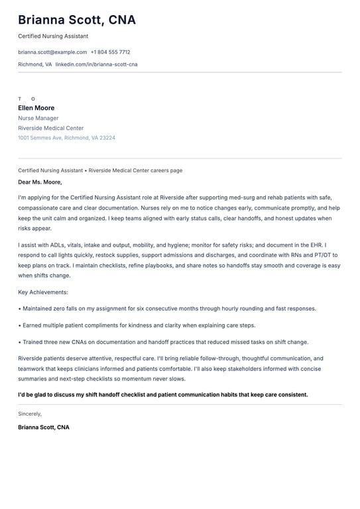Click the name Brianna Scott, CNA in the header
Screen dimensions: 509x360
pos(77,20)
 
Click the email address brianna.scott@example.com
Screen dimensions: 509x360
pos(52,52)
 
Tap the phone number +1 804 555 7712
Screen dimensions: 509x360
pos(110,52)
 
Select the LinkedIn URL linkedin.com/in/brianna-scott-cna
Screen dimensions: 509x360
pos(96,64)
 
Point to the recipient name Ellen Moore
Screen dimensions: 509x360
pos(36,108)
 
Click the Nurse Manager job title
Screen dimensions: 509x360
pos(38,118)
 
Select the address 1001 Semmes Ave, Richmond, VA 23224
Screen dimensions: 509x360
pos(66,138)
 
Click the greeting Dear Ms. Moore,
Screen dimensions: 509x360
pos(40,182)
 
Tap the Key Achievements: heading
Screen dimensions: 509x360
pos(43,292)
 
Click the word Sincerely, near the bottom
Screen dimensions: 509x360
pos(30,414)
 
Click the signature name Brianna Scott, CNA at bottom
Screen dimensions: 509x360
pos(44,427)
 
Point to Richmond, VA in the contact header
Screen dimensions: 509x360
pos(34,64)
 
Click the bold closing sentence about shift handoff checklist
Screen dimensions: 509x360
pos(163,394)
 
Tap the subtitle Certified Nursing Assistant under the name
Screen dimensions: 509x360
pos(53,36)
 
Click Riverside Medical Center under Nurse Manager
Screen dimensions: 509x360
pos(51,128)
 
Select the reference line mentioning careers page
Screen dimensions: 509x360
pos(100,170)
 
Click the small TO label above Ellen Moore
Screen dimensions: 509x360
pos(27,99)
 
